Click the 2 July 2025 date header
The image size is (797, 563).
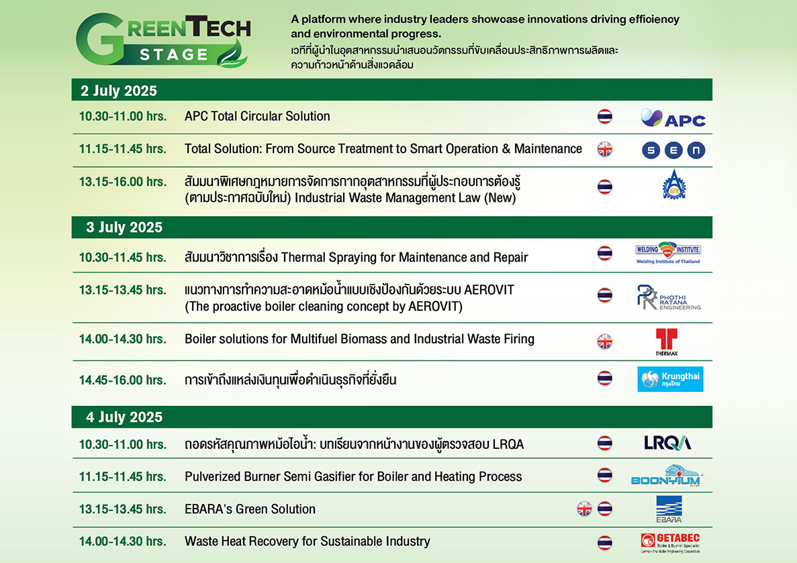(119, 91)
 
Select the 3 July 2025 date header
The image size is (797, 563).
(124, 227)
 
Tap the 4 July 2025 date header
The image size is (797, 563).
(124, 417)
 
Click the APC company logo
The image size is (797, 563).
(673, 118)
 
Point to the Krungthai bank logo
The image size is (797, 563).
(671, 379)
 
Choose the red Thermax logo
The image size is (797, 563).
(666, 342)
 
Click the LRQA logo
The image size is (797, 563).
(667, 443)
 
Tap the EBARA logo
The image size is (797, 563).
(669, 509)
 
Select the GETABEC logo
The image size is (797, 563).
(671, 543)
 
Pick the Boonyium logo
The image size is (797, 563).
(666, 475)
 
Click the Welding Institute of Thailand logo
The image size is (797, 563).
(668, 253)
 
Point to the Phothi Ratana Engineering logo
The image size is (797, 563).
(669, 297)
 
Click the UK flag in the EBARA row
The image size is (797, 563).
(585, 509)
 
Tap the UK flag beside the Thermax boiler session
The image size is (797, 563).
(605, 342)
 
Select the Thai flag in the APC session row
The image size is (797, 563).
(605, 116)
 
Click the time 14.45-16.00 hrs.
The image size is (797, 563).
(122, 380)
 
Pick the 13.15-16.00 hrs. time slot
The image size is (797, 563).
(122, 182)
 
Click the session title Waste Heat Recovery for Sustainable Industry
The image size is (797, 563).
(308, 542)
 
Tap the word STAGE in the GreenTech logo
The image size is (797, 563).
(174, 54)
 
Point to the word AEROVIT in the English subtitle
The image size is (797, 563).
(434, 307)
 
